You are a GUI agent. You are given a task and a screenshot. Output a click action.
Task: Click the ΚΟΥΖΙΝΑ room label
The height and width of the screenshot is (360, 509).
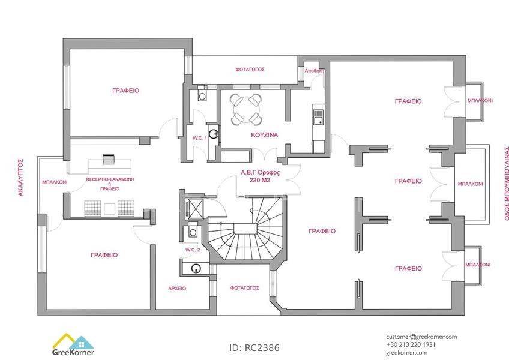(x=264, y=135)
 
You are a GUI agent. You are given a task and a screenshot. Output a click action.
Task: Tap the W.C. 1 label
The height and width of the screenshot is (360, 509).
(x=199, y=138)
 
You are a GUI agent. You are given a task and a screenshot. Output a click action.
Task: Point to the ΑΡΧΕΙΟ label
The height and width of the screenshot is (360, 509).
(x=177, y=288)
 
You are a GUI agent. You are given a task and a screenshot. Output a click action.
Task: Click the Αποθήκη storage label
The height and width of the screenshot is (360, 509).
(x=314, y=71)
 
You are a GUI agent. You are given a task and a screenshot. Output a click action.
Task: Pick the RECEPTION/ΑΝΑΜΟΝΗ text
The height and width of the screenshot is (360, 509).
(x=110, y=179)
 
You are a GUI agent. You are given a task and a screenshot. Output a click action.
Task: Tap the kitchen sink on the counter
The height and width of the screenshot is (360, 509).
(x=318, y=117)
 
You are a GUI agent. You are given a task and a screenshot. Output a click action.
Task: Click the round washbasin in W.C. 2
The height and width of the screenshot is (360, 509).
(x=196, y=268)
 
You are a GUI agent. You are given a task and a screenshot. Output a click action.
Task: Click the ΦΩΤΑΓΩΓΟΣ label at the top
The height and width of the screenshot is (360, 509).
(x=250, y=70)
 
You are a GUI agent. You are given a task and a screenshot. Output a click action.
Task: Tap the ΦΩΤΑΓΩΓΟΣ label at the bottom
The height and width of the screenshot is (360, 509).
(x=244, y=288)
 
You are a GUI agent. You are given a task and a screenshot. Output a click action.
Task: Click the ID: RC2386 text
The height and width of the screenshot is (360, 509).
(x=254, y=347)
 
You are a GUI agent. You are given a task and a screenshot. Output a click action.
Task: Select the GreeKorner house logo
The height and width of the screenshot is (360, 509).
(x=73, y=344)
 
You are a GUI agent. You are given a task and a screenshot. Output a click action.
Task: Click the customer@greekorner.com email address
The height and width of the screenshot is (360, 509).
(x=421, y=337)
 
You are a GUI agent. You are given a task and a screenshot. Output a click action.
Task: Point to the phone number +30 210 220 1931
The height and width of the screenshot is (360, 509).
(x=411, y=345)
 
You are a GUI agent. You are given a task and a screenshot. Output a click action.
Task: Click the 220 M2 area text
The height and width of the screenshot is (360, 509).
(x=260, y=181)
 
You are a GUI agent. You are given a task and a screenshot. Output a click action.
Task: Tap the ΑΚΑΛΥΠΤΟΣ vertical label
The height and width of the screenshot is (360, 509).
(x=20, y=177)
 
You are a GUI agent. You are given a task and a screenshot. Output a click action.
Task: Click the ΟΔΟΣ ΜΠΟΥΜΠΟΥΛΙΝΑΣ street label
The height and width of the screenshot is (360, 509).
(x=506, y=184)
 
